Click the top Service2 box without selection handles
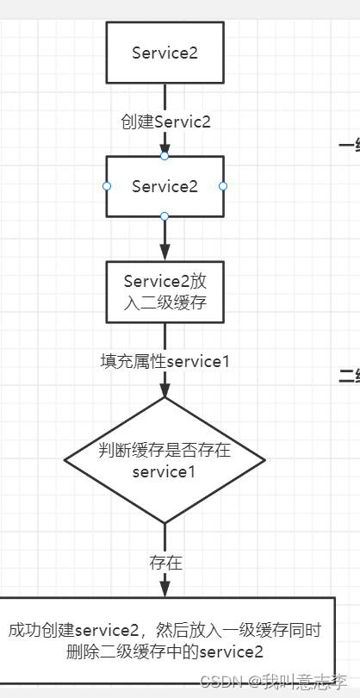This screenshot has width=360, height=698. coord(164,53)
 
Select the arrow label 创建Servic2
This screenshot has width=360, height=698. coord(165,122)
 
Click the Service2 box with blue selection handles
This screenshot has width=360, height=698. coord(164,186)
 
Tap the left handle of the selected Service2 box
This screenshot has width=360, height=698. coord(107,186)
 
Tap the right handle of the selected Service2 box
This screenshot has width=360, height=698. coord(223,186)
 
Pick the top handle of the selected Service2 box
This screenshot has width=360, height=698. coord(164,156)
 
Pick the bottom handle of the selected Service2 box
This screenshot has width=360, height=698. coord(164,216)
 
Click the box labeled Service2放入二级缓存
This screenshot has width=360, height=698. coord(164,292)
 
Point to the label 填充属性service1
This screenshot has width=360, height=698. coord(165,360)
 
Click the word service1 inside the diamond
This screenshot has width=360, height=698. coord(164,472)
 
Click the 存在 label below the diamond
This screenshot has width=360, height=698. coord(164,563)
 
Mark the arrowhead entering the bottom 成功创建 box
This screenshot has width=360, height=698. coord(164,589)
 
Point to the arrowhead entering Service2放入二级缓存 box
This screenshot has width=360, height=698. coord(164,253)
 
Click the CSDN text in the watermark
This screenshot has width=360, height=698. coord(227,680)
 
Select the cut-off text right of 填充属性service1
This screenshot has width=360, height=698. coord(350,376)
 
